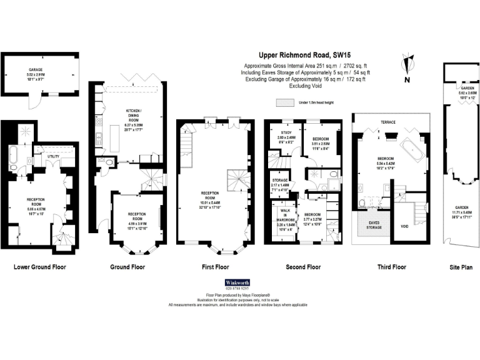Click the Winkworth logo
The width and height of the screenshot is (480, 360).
[240, 282]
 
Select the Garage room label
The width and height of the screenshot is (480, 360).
[35, 70]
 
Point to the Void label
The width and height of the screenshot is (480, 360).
[404, 226]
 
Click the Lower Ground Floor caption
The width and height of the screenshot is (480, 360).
[39, 267]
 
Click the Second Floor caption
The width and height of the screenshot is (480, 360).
[303, 267]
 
